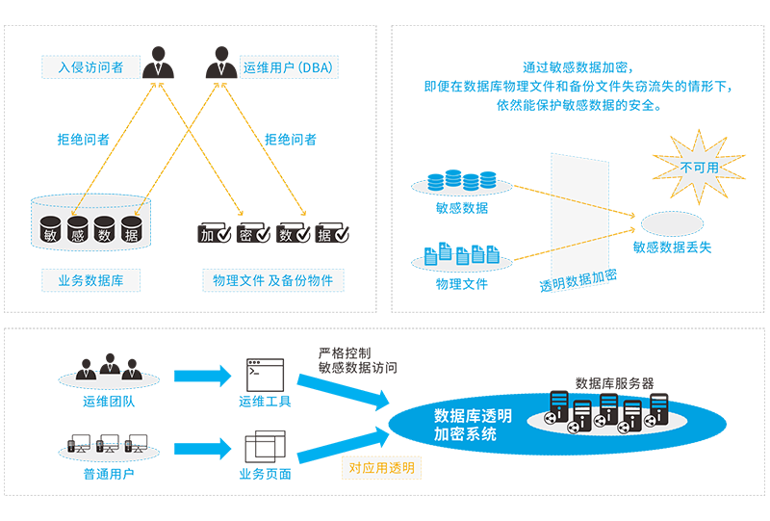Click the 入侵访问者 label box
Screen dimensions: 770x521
coord(90,66)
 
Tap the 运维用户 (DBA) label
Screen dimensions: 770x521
coord(289,66)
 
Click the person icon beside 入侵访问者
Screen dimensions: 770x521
coord(158,63)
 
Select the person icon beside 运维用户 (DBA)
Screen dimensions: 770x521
coord(221,63)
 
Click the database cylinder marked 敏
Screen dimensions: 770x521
coord(50,229)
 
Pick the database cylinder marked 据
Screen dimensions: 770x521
coord(131,229)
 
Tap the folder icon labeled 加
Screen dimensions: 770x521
coord(214,233)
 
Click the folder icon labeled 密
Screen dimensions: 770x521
coord(253,233)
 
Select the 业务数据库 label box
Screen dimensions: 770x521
coord(90,280)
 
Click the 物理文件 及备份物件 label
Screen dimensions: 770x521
coord(273,280)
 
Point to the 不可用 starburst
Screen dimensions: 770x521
coord(699,168)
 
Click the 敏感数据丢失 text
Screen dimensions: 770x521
coord(672,247)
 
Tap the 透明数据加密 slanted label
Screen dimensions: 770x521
coord(578,280)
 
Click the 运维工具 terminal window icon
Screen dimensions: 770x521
coord(266,375)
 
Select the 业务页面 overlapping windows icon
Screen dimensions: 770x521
coord(266,446)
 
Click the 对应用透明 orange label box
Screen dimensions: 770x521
coord(381,468)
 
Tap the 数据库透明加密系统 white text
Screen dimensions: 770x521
coord(473,425)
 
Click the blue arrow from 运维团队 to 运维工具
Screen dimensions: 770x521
coord(202,376)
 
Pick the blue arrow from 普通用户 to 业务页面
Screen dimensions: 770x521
coord(202,448)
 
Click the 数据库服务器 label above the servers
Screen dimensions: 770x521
coord(614,383)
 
